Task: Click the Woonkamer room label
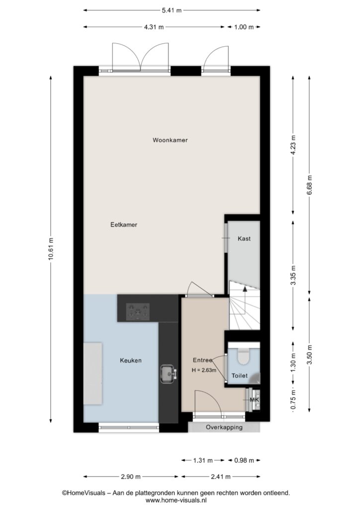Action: pos(170,140)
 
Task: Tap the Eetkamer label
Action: pos(124,225)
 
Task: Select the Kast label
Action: pos(244,239)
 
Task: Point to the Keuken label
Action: pos(130,360)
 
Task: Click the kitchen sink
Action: pos(168,374)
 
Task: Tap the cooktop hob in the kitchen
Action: pos(138,312)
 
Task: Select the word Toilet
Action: pos(240,376)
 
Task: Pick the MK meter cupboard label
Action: pos(255,400)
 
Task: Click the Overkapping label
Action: pos(224,427)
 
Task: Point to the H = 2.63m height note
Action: pos(204,370)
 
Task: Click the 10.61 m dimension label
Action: pos(50,249)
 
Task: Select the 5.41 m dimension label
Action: pos(172,10)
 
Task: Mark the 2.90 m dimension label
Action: pos(131,477)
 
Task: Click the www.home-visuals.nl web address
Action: pos(176,501)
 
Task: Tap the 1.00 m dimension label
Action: pos(244,27)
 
